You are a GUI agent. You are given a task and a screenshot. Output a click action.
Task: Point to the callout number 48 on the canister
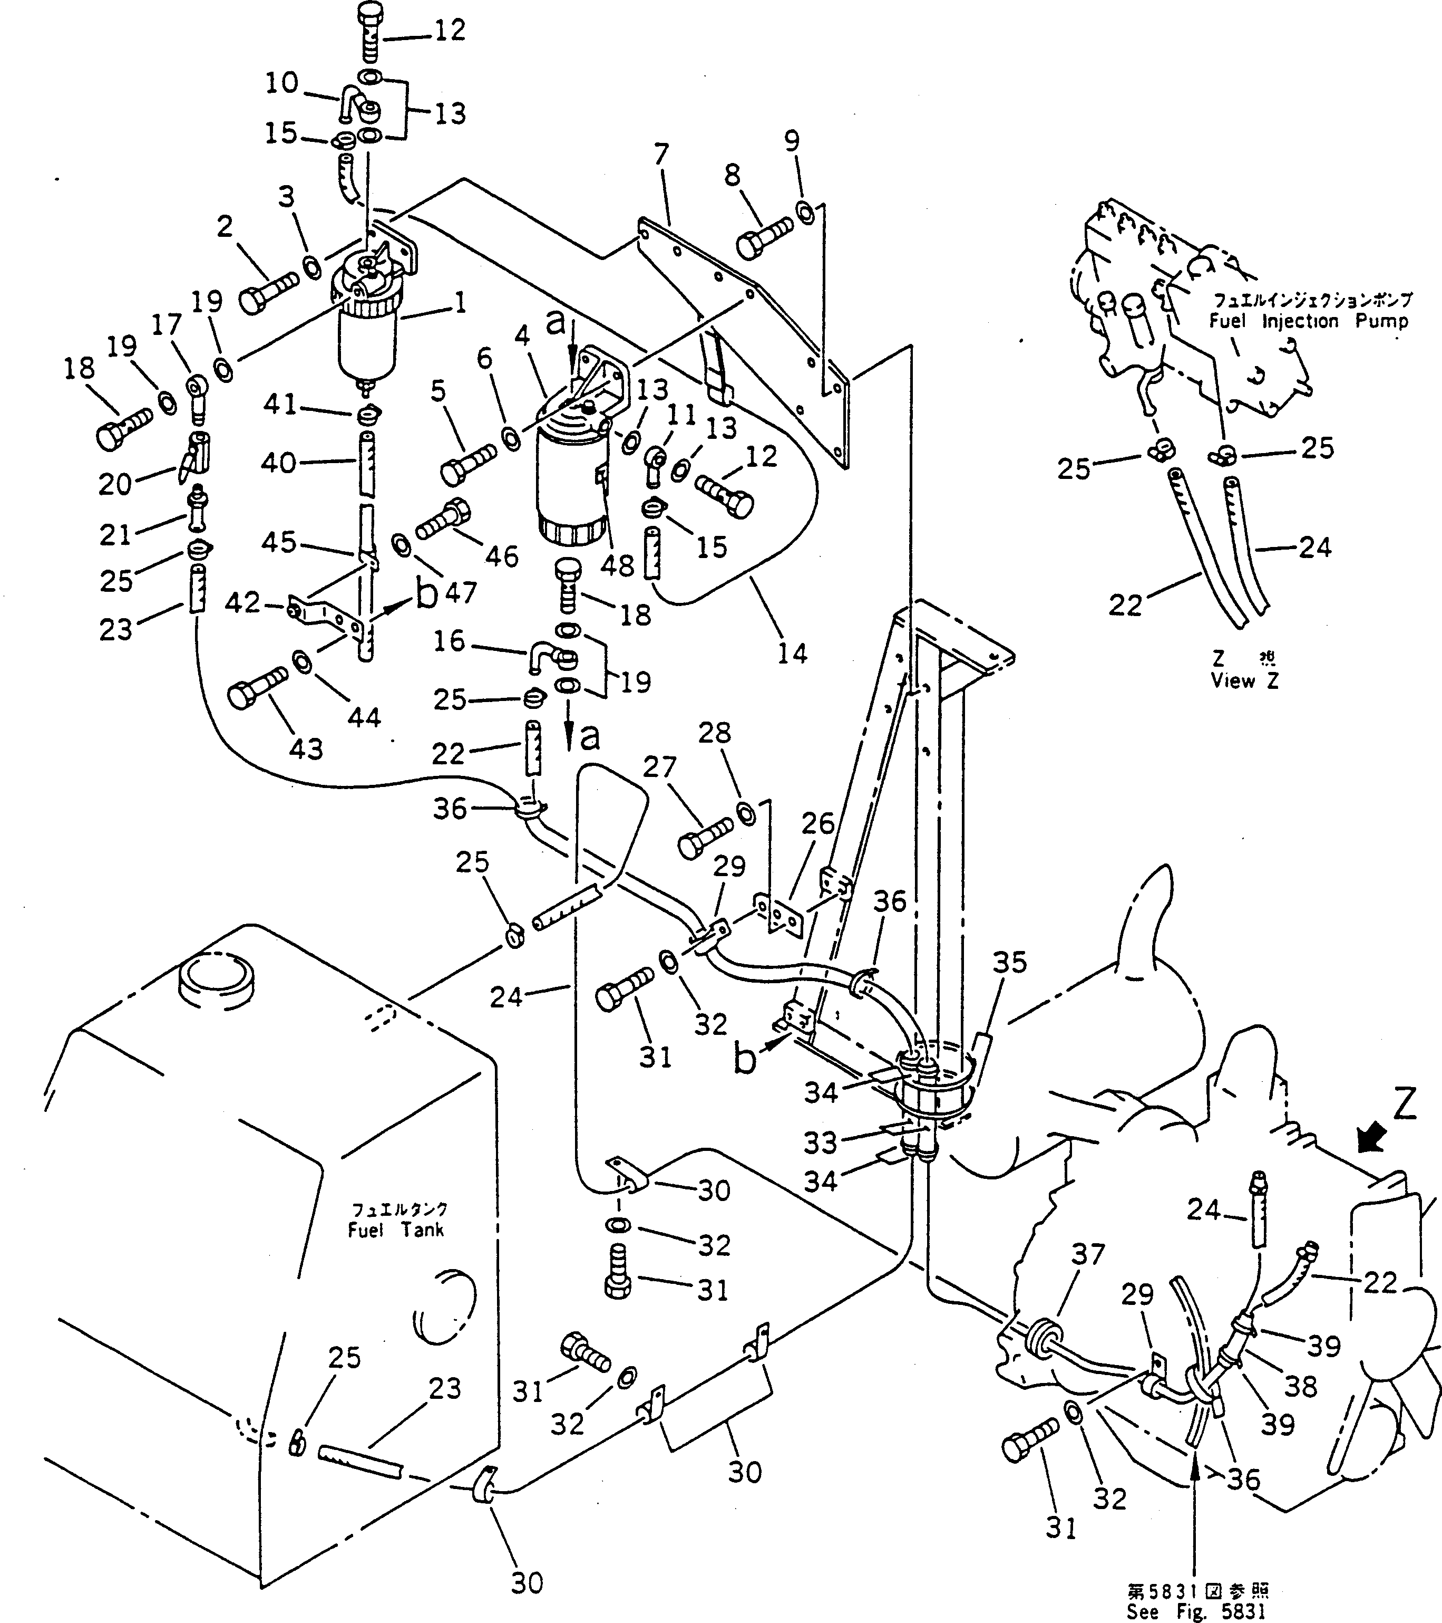pyautogui.click(x=617, y=565)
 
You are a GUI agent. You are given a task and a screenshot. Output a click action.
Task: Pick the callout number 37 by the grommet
pyautogui.click(x=1088, y=1255)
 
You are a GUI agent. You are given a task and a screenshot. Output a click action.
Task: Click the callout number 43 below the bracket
pyautogui.click(x=306, y=749)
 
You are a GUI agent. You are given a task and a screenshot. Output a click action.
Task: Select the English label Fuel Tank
pyautogui.click(x=396, y=1231)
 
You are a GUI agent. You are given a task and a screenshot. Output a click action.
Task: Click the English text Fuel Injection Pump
pyautogui.click(x=1308, y=322)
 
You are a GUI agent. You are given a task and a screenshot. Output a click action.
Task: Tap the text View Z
pyautogui.click(x=1244, y=680)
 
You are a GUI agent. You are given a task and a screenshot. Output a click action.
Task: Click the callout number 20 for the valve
pyautogui.click(x=115, y=484)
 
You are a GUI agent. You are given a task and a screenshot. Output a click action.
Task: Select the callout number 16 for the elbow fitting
pyautogui.click(x=449, y=641)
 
